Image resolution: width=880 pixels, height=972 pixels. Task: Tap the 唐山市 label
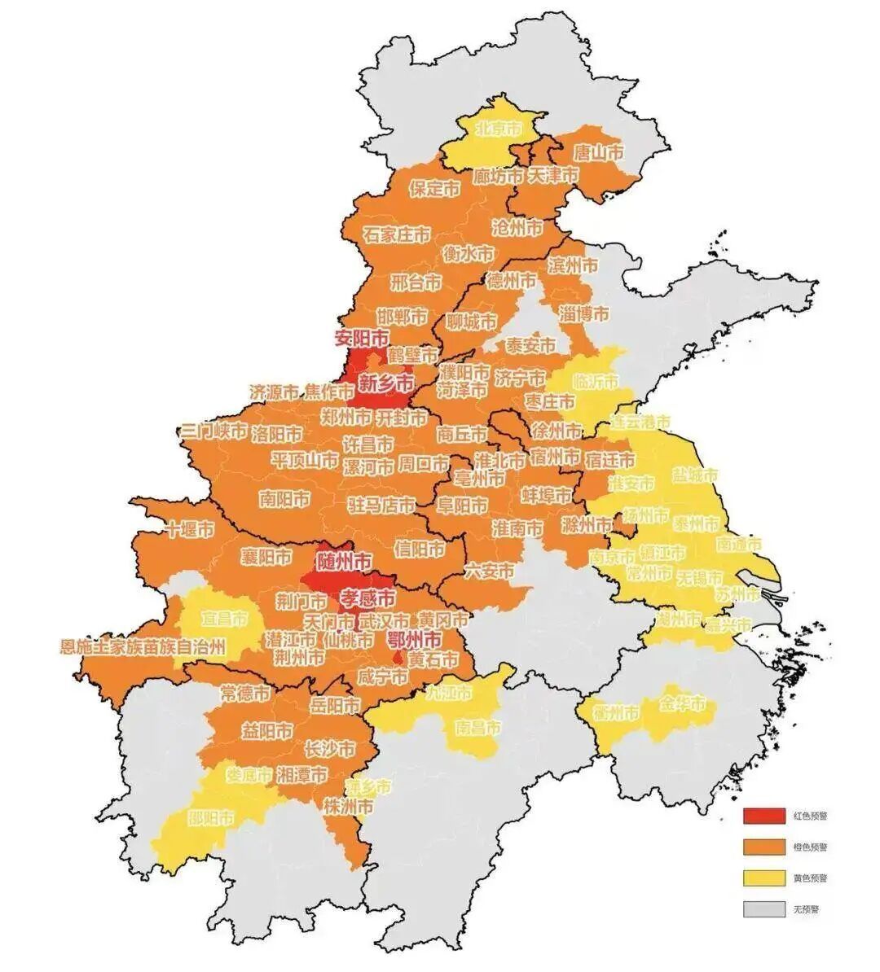point(598,153)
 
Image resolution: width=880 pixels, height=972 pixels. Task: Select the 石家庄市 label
point(397,235)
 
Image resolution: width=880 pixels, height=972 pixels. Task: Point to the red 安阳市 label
point(362,337)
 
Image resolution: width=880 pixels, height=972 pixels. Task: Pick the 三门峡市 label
point(213,431)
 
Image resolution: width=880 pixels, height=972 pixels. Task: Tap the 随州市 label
point(344,561)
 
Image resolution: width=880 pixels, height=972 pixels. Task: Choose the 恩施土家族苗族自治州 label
point(143,648)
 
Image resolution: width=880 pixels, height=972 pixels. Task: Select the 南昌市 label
point(478,728)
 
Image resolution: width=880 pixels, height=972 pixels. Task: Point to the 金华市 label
point(683,705)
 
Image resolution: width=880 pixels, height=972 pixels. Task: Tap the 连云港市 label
point(640,423)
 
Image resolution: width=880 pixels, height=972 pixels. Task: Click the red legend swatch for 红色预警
point(762,815)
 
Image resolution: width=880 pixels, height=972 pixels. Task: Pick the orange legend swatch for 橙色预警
point(762,847)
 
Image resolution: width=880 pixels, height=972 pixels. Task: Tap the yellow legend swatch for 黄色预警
point(762,878)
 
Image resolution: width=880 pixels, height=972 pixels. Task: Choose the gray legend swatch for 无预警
point(762,909)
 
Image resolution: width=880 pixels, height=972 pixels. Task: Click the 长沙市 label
point(329,749)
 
